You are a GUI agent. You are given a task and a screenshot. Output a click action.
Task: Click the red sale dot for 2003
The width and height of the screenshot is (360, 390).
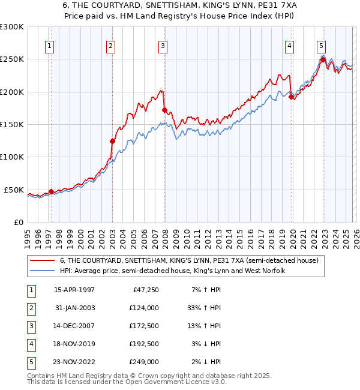pos(112,141)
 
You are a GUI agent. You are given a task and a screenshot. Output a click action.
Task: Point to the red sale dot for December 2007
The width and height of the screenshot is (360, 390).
pos(164,110)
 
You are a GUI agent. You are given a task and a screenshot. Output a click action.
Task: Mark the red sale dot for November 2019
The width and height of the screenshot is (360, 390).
pos(291,97)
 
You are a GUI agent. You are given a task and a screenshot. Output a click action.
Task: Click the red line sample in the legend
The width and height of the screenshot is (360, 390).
pos(43,260)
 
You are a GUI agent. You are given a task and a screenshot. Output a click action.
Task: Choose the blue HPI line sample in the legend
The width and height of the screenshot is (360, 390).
pos(43,271)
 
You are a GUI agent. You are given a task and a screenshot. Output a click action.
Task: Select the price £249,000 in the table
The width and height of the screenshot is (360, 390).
pos(143,362)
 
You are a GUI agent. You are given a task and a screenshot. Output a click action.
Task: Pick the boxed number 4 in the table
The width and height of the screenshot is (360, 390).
pos(31,344)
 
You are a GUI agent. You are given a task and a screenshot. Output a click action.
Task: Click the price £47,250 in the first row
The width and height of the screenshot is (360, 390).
pos(145,290)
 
